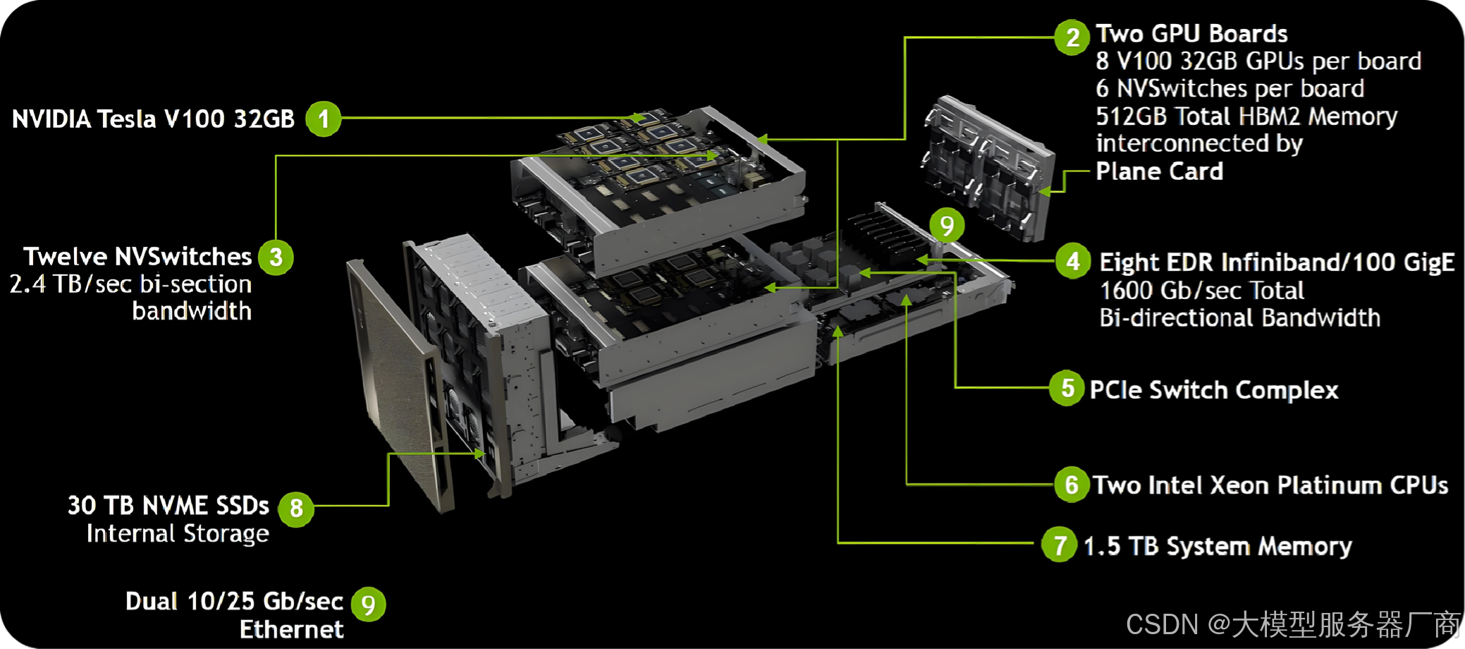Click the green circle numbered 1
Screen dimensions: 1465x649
tap(324, 119)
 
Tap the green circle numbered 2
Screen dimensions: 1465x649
tap(1072, 37)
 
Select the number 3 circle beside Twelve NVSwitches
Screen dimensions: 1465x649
tap(276, 257)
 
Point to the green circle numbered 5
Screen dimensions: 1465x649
tap(1067, 388)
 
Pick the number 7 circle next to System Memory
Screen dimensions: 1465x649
tap(1060, 545)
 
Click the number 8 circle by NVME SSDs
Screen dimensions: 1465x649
tap(296, 508)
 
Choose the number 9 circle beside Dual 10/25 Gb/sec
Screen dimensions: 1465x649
tap(368, 605)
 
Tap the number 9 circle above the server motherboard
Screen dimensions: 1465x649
tap(947, 226)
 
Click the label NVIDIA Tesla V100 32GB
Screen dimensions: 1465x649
tap(153, 119)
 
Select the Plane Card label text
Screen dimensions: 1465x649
tap(1160, 171)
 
